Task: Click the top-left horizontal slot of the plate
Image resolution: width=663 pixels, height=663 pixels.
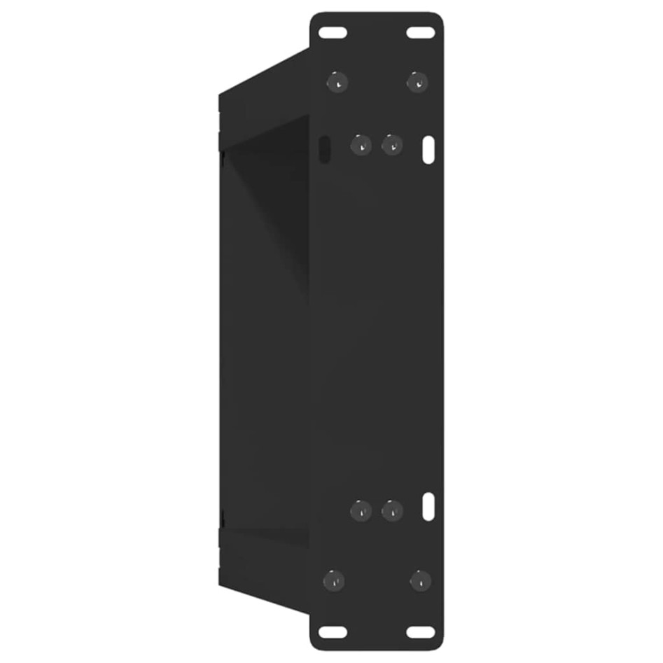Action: click(333, 32)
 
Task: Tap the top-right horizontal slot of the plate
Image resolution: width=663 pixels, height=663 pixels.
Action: click(420, 32)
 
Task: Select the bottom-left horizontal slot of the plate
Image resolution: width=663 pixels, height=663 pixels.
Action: click(333, 631)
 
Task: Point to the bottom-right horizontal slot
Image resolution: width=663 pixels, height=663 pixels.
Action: click(420, 631)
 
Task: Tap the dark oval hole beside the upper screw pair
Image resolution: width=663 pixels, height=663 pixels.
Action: click(324, 148)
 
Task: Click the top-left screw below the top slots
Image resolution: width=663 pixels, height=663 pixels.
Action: click(337, 82)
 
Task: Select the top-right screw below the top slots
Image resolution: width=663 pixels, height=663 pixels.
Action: click(418, 82)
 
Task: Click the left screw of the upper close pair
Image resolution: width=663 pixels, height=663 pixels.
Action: click(361, 145)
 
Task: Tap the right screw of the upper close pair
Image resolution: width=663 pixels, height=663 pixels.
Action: click(392, 145)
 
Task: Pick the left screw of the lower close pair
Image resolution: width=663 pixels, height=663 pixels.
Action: click(361, 510)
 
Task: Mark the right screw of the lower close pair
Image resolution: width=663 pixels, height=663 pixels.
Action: click(392, 510)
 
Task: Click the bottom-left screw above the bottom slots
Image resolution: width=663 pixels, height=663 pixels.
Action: click(334, 580)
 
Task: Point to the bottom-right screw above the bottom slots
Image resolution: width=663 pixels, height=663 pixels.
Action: click(420, 580)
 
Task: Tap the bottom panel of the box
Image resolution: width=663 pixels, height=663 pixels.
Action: click(266, 567)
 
